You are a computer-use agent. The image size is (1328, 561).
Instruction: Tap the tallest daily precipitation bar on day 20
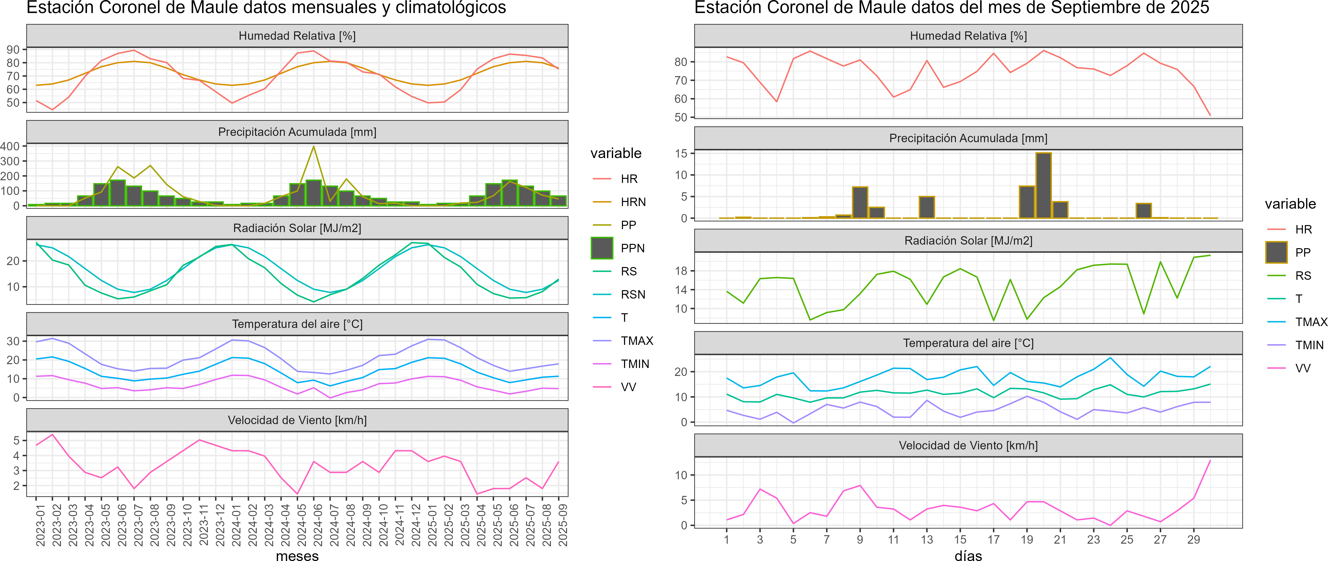pos(1044,186)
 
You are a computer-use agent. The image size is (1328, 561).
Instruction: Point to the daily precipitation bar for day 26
pos(1143,211)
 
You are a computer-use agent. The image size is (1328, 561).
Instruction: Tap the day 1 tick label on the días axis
pos(726,539)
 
